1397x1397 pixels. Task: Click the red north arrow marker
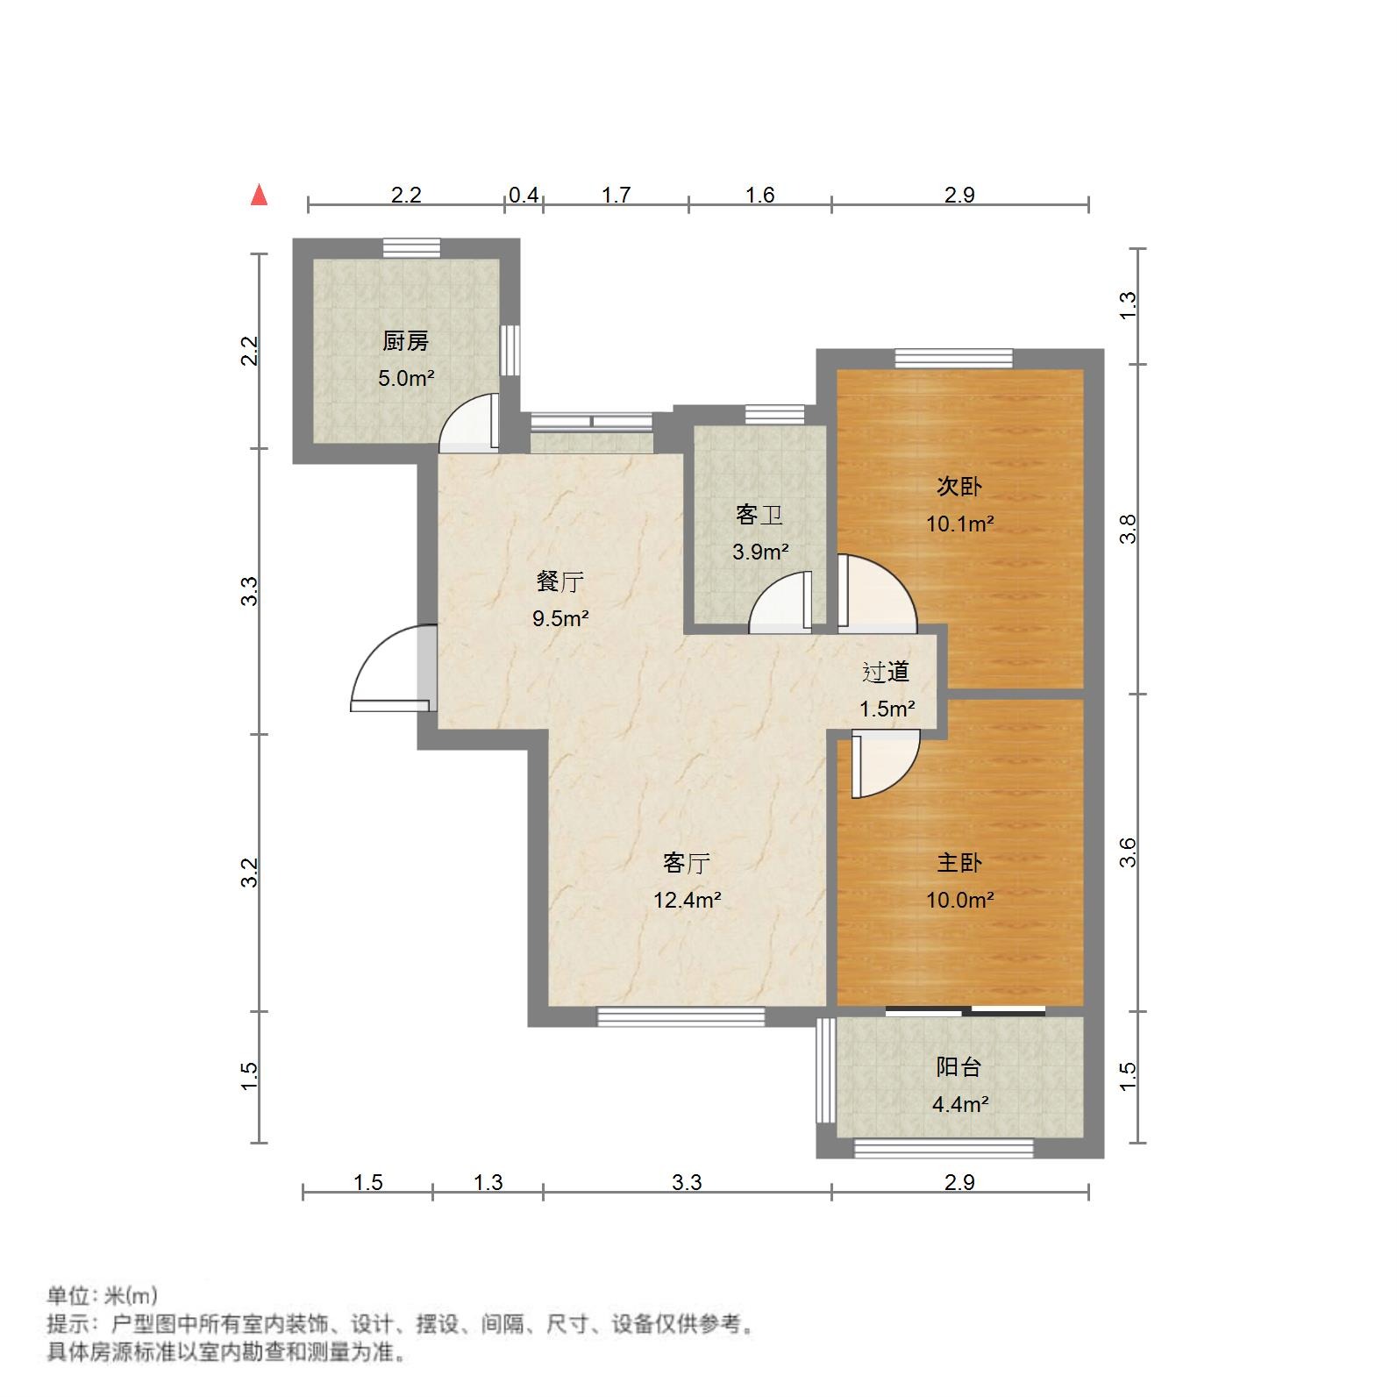click(x=259, y=195)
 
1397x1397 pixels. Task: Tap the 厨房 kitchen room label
click(x=406, y=341)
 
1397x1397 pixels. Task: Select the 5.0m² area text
click(x=406, y=379)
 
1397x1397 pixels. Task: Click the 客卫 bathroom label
click(x=759, y=515)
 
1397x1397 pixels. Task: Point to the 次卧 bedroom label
click(x=959, y=486)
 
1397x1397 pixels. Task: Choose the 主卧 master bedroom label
click(x=959, y=862)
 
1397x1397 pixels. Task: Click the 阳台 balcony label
click(x=959, y=1067)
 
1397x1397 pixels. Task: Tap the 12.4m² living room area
click(x=687, y=900)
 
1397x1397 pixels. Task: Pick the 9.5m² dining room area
click(x=560, y=618)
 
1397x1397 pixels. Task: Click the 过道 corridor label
click(x=886, y=672)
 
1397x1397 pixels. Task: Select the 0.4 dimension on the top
click(x=524, y=195)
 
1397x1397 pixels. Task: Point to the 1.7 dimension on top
click(x=616, y=195)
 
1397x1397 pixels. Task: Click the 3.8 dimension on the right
click(x=1128, y=529)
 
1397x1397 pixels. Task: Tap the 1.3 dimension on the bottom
click(x=488, y=1182)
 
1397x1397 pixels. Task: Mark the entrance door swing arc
click(x=386, y=666)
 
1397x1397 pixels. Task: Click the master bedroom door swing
click(x=884, y=765)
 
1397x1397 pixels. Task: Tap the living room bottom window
click(x=681, y=1016)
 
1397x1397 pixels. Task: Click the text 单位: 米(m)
click(x=102, y=1294)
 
